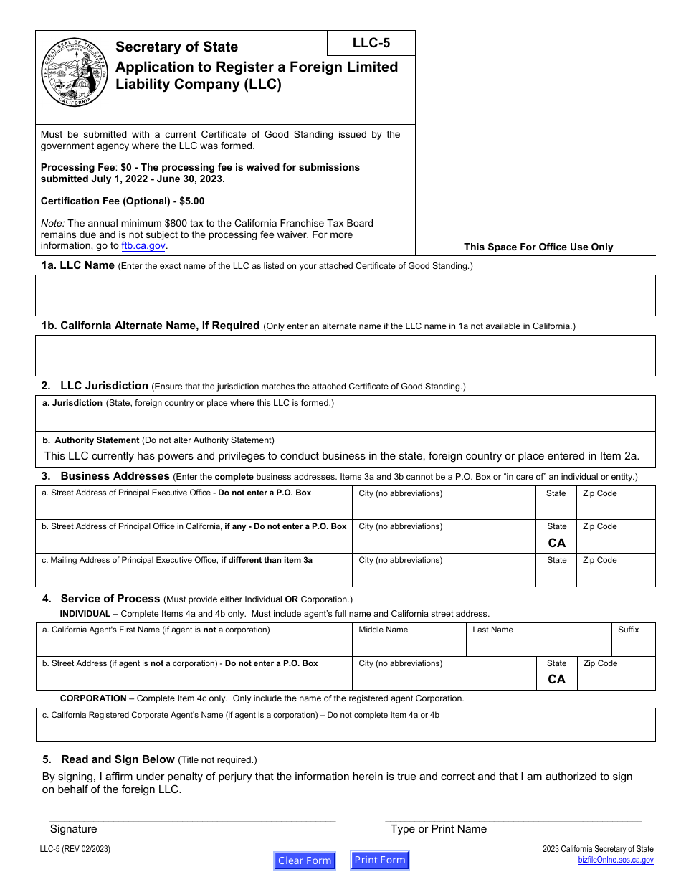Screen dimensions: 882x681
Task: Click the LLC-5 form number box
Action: (x=371, y=43)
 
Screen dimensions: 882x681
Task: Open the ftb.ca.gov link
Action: (x=143, y=245)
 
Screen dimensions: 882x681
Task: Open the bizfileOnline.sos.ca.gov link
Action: (x=616, y=860)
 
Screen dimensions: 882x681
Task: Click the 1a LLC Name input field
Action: (x=346, y=295)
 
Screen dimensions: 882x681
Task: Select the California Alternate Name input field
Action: (x=346, y=356)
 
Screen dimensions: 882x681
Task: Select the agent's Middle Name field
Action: (x=409, y=645)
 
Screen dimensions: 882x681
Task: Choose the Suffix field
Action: (x=634, y=645)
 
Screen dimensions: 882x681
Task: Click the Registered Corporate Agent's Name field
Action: (x=346, y=730)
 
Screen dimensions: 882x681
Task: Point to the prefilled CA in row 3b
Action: (x=557, y=543)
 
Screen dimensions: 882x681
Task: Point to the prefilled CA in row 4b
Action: (x=557, y=679)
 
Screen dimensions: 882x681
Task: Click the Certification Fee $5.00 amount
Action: (x=191, y=201)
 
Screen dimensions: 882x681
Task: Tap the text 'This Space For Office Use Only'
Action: (x=538, y=247)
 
